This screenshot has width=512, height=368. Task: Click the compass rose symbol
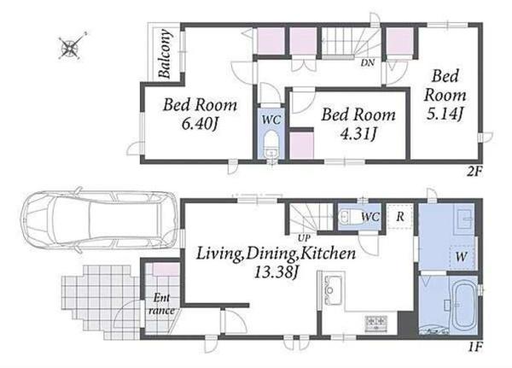tap(70, 47)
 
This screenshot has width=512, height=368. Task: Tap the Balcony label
tap(164, 54)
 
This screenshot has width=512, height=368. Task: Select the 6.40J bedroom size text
tap(200, 124)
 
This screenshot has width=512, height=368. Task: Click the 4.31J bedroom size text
tap(358, 133)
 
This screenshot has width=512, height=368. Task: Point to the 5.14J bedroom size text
tap(445, 114)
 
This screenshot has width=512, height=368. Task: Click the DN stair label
tap(368, 62)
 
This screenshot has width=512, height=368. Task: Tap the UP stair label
tap(304, 238)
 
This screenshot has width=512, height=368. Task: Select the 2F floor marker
tap(474, 172)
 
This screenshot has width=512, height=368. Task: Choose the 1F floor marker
tap(475, 347)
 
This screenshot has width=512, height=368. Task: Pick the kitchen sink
tap(333, 290)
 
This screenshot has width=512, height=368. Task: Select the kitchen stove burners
tap(376, 323)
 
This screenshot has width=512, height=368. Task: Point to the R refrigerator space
tap(400, 217)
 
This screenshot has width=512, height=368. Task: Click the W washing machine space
tap(462, 256)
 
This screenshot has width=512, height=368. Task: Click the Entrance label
tap(161, 304)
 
